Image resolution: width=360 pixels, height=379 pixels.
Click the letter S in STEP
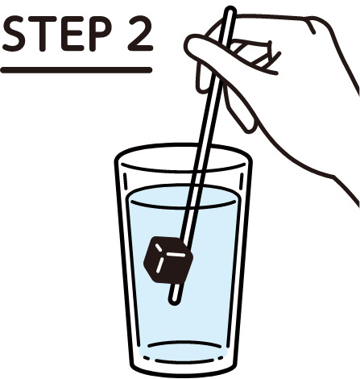coord(14,33)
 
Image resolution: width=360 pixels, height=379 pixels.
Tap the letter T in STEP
coord(42,33)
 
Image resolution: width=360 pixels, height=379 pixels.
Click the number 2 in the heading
coord(140,33)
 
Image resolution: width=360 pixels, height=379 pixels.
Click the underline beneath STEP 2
coord(77,70)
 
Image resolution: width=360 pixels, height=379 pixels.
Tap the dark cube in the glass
coord(168,260)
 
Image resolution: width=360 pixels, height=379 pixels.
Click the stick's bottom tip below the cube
coord(174,302)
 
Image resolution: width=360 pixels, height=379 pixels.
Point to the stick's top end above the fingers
coord(230,10)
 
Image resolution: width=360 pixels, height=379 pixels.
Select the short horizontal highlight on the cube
coord(176,254)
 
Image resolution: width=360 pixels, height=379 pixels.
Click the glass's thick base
coord(184,369)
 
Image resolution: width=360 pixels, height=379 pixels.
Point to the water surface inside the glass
coord(184,197)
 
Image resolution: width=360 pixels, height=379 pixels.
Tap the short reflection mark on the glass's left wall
coord(125,182)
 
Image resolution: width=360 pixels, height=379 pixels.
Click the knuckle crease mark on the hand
coord(312,27)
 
